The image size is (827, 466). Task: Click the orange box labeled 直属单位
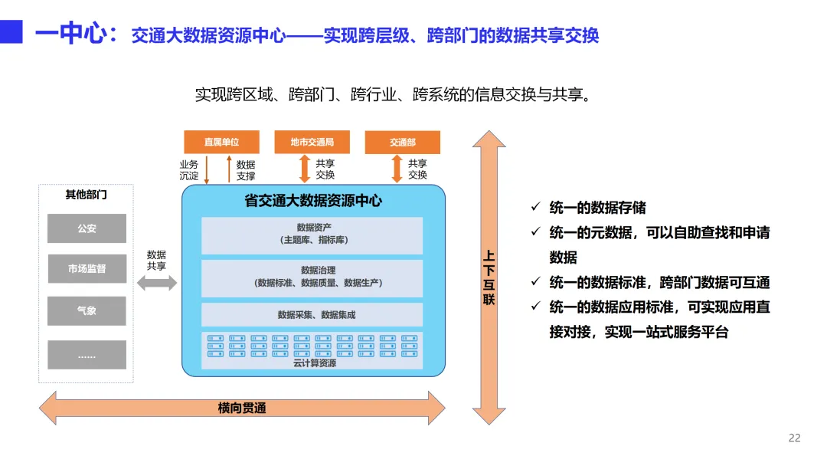pyautogui.click(x=221, y=142)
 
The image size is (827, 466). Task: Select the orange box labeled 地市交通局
pyautogui.click(x=312, y=142)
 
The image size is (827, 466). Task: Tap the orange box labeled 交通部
pyautogui.click(x=402, y=142)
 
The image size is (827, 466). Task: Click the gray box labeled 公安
pyautogui.click(x=87, y=228)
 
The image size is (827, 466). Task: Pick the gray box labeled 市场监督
pyautogui.click(x=87, y=269)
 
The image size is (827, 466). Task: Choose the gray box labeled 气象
pyautogui.click(x=87, y=311)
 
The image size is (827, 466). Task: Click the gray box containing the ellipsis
pyautogui.click(x=87, y=355)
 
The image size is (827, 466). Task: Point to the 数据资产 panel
pyautogui.click(x=312, y=235)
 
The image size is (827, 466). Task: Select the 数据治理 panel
pyautogui.click(x=312, y=277)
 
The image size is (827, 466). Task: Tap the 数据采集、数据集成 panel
pyautogui.click(x=312, y=314)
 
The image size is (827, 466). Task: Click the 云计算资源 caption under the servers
pyautogui.click(x=314, y=363)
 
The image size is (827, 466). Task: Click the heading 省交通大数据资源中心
pyautogui.click(x=312, y=202)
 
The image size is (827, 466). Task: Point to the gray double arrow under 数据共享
pyautogui.click(x=156, y=284)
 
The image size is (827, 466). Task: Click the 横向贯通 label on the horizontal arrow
pyautogui.click(x=242, y=409)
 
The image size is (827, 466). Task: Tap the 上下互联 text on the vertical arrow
pyautogui.click(x=489, y=277)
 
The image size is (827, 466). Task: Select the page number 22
pyautogui.click(x=794, y=438)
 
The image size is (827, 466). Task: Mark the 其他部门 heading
pyautogui.click(x=86, y=195)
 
